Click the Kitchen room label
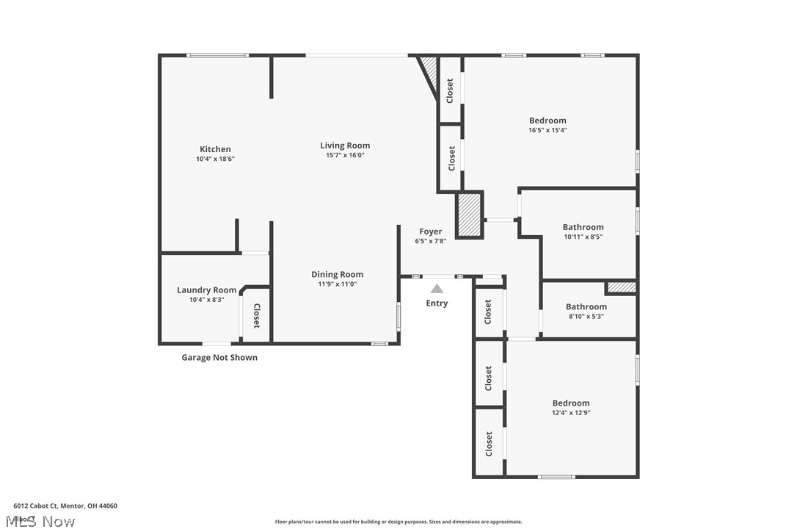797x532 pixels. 215,149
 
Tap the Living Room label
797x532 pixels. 345,145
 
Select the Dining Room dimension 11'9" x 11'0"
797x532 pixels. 337,284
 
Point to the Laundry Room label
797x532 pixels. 206,290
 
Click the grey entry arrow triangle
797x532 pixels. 437,289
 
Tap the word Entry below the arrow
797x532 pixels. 437,303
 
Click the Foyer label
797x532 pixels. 430,231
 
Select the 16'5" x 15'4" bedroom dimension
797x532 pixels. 547,130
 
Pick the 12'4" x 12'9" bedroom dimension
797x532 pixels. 571,413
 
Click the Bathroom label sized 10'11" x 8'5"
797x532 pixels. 583,227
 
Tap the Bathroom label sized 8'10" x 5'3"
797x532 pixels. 586,306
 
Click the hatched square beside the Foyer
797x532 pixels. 469,215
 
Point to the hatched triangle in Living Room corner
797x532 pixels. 429,73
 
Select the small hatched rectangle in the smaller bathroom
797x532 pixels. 621,287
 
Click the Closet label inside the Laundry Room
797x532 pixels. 257,316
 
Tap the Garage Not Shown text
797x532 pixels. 219,358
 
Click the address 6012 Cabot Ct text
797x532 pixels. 65,506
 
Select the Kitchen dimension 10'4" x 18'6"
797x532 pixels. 215,159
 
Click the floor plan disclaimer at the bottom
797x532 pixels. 398,522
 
